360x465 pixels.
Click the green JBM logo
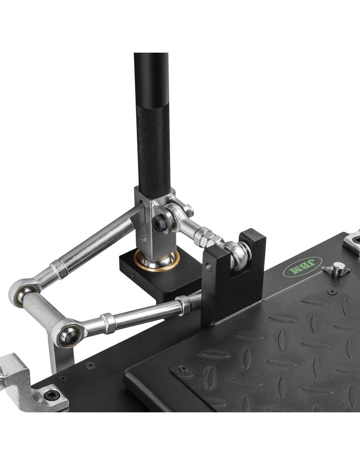tap(302, 267)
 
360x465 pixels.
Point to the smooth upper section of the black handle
tap(151, 79)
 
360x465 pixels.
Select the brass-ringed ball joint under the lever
tap(156, 260)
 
